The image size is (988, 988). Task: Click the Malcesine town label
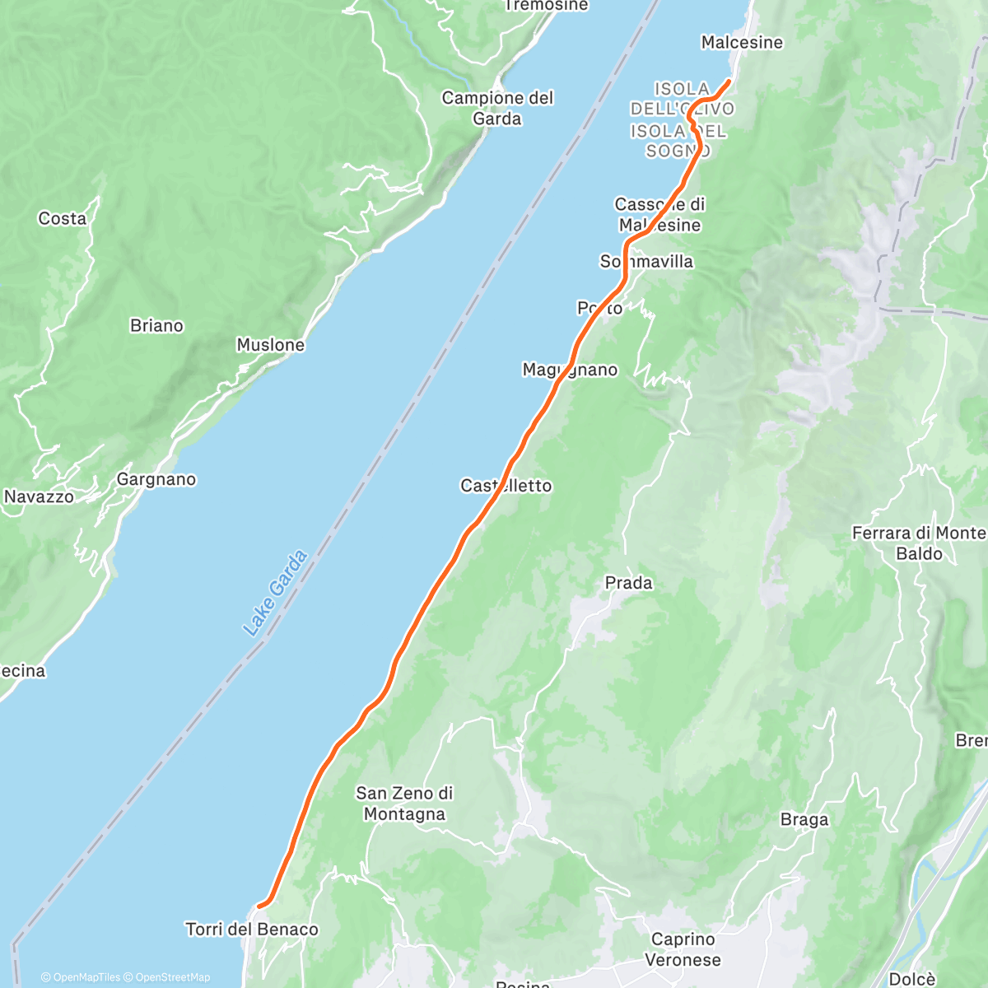[742, 42]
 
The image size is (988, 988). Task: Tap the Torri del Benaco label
[252, 930]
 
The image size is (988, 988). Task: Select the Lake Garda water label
[275, 593]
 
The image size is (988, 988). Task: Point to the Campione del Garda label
[497, 108]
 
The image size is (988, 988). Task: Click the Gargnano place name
[156, 479]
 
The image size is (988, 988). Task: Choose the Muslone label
[270, 345]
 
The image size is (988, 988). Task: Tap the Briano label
[156, 325]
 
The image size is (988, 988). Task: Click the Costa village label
[63, 218]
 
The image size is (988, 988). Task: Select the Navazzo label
[39, 496]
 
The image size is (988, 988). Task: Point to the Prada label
[628, 583]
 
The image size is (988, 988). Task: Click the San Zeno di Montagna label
[404, 804]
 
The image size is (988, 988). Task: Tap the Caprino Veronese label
[683, 949]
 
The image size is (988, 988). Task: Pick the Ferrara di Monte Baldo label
[919, 543]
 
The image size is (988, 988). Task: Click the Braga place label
[804, 819]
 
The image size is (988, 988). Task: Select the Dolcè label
[911, 979]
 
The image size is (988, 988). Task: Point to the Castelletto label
[506, 486]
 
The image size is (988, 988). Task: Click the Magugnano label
[570, 370]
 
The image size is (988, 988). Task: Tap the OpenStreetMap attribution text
[172, 977]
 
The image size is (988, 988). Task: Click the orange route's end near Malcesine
[729, 81]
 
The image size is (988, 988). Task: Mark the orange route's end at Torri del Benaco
[259, 906]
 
